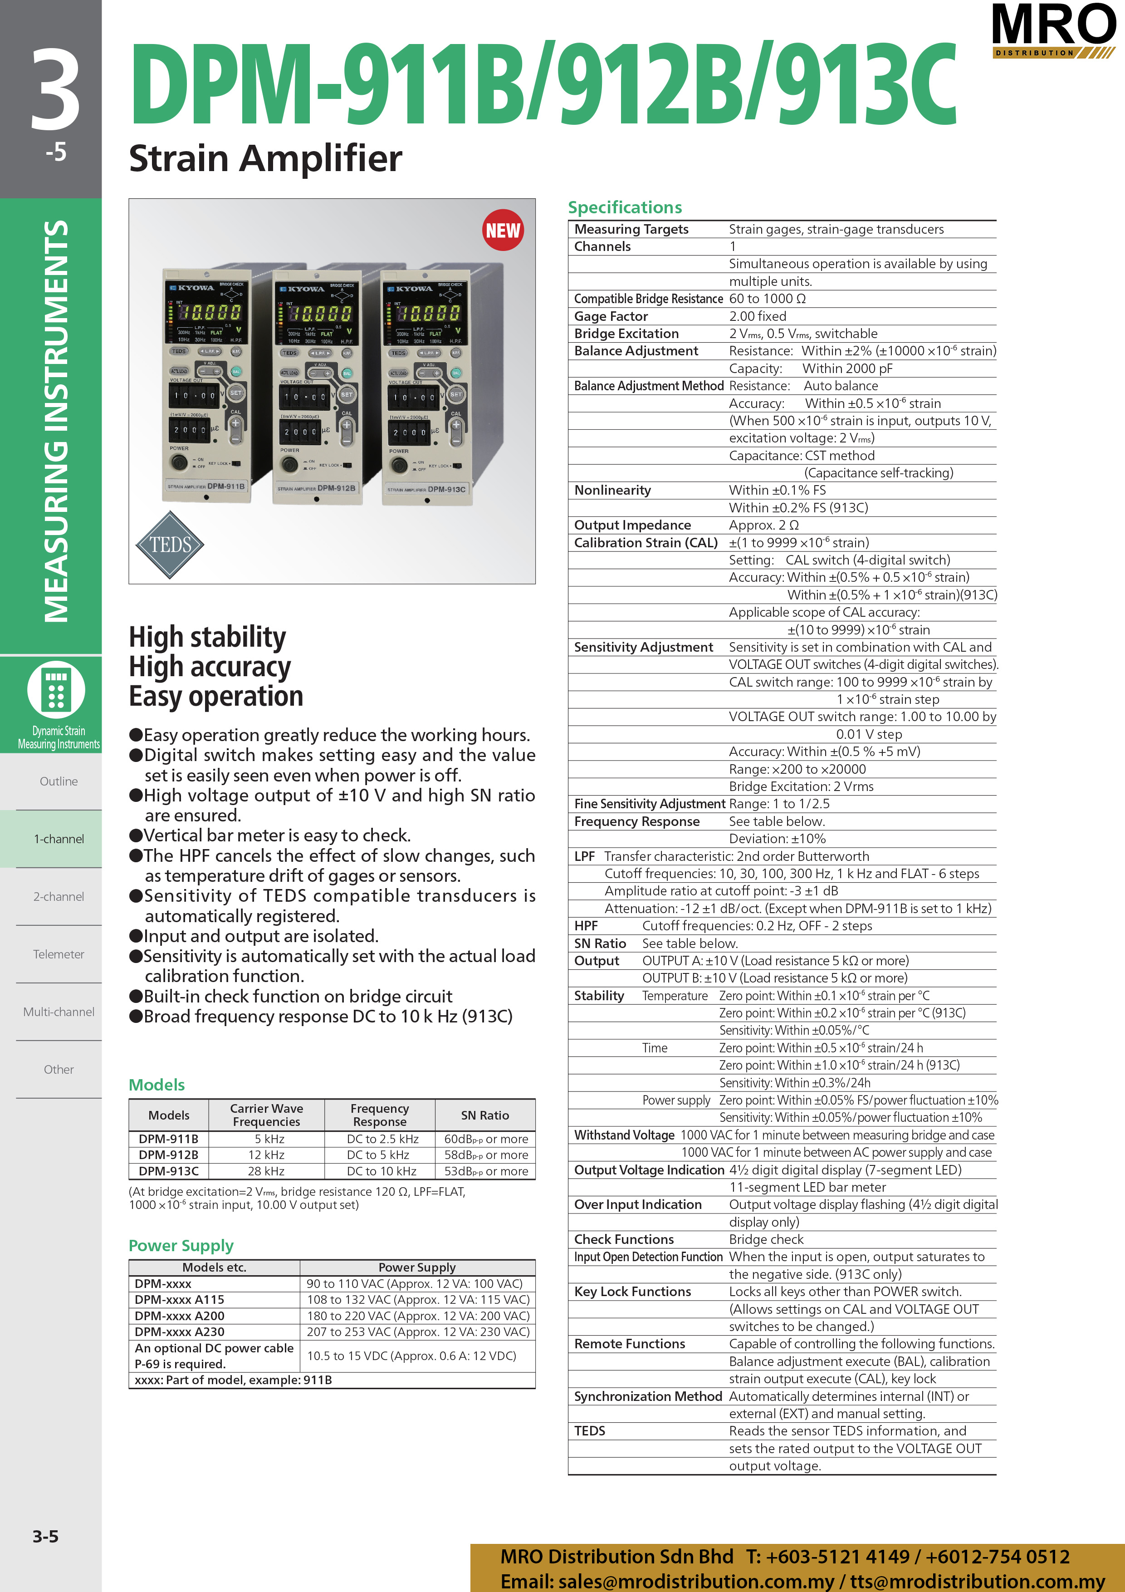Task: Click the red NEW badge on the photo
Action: click(503, 230)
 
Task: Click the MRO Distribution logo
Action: click(1053, 30)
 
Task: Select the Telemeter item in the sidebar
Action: click(59, 954)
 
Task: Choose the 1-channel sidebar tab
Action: click(59, 839)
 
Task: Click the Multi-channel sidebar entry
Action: click(59, 1012)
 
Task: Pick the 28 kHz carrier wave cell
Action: click(266, 1171)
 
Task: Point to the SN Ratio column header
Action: click(484, 1115)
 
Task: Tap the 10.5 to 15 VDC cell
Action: click(411, 1356)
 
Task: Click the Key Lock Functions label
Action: click(632, 1291)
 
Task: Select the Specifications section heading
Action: click(625, 207)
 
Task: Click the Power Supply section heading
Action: click(181, 1245)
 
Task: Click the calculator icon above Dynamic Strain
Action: click(56, 690)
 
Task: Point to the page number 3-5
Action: click(45, 1536)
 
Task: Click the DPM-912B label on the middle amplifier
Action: click(336, 488)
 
